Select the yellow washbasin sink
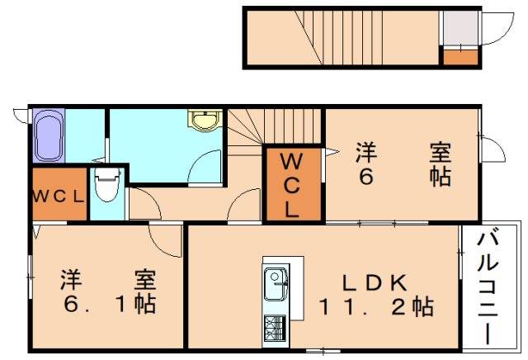pyautogui.click(x=202, y=121)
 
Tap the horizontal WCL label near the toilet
pyautogui.click(x=59, y=196)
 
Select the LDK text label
pyautogui.click(x=375, y=282)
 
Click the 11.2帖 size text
pyautogui.click(x=376, y=308)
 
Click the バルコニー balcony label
pyautogui.click(x=488, y=286)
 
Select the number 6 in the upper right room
pyautogui.click(x=363, y=178)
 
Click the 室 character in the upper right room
pyautogui.click(x=440, y=153)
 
